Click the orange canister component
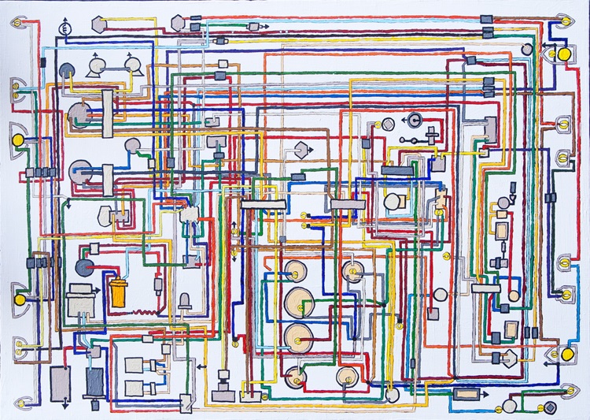(118, 292)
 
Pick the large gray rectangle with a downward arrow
(61, 381)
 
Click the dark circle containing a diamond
(550, 407)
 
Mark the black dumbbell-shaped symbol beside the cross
(407, 139)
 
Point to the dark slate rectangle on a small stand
(95, 383)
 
